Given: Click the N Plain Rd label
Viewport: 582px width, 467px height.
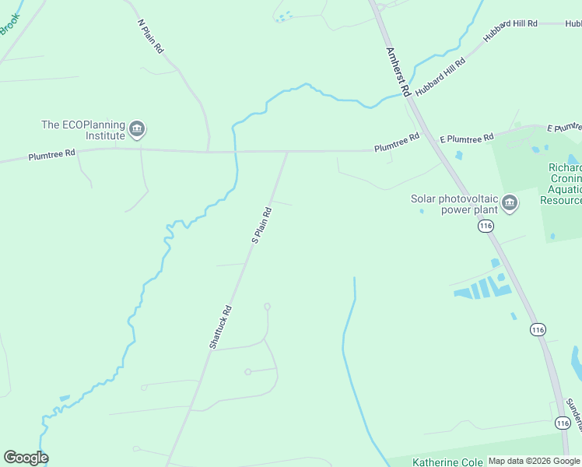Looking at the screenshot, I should (150, 36).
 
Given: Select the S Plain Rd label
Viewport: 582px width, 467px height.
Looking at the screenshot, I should (261, 225).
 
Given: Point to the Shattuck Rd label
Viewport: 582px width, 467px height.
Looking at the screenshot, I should (220, 325).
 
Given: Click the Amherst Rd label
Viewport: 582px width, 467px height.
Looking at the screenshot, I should (398, 71).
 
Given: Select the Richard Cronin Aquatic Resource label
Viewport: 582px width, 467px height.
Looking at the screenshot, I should (564, 184).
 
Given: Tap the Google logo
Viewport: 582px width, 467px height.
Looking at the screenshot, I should (26, 458).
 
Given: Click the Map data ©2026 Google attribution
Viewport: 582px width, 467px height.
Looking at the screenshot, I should (535, 461).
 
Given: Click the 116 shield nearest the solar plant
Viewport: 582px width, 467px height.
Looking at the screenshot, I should (486, 226).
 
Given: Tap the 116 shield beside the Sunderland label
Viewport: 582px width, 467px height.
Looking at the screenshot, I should (563, 422).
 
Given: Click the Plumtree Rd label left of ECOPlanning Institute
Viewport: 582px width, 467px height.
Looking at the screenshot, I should (51, 154).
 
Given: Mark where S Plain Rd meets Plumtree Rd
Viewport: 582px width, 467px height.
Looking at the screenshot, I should (288, 152).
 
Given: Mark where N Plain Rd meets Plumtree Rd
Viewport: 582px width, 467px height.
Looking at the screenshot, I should (209, 150).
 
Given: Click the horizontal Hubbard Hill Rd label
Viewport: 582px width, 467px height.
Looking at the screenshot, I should (510, 24).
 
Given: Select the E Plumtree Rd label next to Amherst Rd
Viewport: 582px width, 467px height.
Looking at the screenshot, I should (467, 138).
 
